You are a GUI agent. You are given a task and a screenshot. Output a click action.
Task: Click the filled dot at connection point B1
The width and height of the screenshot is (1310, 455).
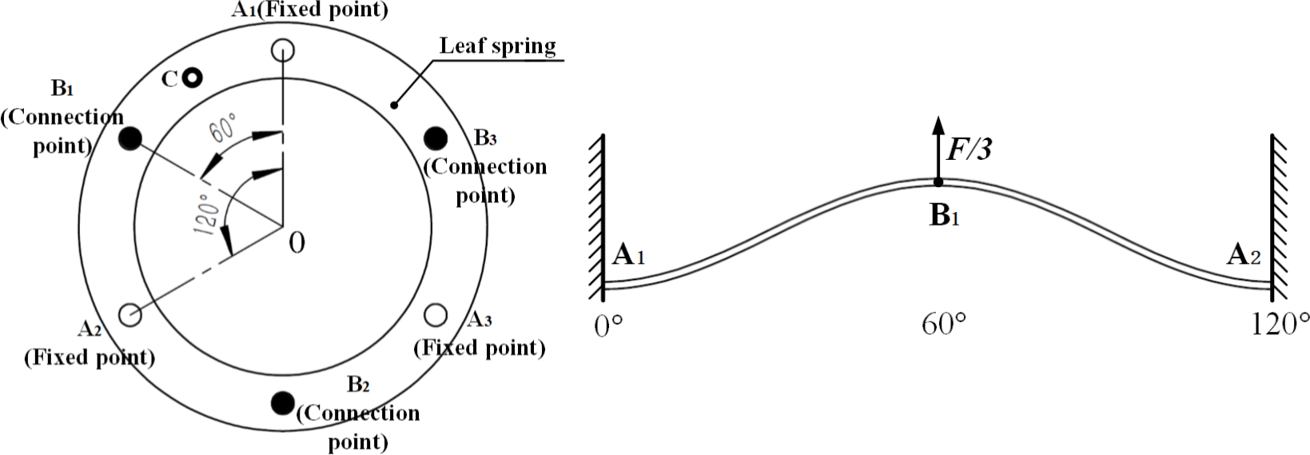click(129, 139)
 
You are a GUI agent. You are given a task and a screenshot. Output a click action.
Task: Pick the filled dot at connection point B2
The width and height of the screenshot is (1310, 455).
click(282, 403)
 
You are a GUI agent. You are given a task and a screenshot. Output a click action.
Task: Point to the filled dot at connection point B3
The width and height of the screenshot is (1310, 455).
click(436, 138)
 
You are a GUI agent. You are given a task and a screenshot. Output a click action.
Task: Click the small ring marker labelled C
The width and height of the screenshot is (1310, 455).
click(191, 78)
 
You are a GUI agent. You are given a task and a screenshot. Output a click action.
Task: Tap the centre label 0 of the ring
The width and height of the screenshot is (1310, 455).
click(297, 242)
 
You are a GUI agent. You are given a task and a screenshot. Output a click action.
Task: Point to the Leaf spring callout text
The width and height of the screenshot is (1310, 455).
click(497, 46)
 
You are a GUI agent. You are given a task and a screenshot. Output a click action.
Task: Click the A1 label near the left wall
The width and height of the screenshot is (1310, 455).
click(628, 256)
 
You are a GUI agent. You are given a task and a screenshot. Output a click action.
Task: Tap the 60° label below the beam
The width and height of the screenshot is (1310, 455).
click(943, 327)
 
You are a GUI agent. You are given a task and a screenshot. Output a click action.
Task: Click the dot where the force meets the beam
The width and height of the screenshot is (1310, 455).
click(938, 182)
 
